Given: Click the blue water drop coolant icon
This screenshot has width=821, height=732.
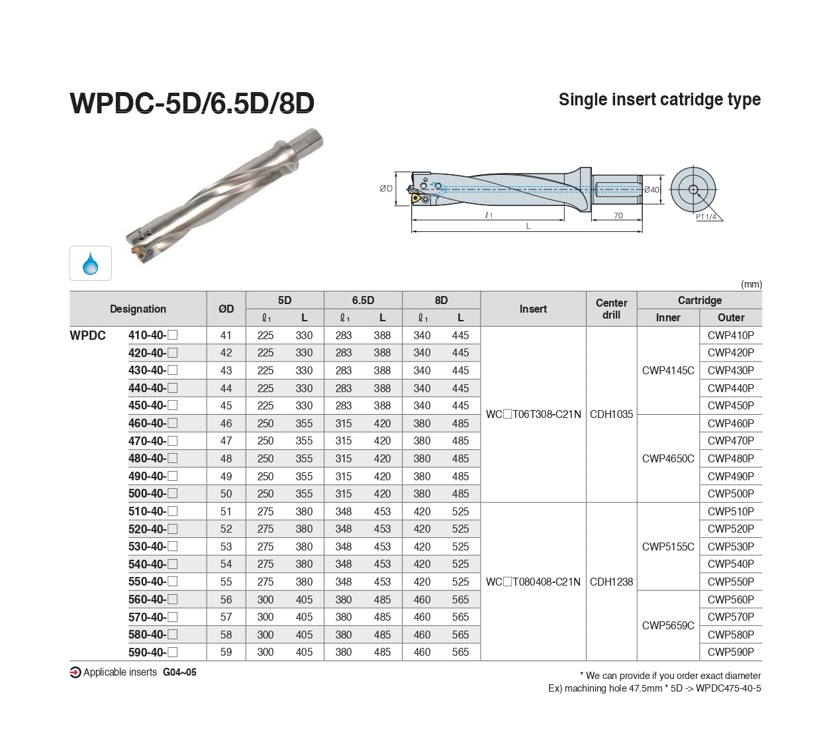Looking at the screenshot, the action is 90,264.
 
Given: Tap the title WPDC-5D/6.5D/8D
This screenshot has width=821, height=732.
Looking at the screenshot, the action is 192,103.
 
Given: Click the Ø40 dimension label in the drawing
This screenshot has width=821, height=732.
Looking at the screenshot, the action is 652,189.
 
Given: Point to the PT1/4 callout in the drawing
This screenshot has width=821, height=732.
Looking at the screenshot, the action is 706,217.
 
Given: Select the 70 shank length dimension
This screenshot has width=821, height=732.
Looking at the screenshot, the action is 618,215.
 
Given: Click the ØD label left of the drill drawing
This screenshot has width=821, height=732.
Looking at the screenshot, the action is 386,189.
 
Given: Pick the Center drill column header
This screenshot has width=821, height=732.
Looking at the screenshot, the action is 611,309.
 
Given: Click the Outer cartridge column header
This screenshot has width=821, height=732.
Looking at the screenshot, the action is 731,317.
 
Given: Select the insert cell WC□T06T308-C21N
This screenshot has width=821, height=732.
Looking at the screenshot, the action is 533,414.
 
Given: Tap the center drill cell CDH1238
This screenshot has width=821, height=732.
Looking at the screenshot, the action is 611,582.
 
